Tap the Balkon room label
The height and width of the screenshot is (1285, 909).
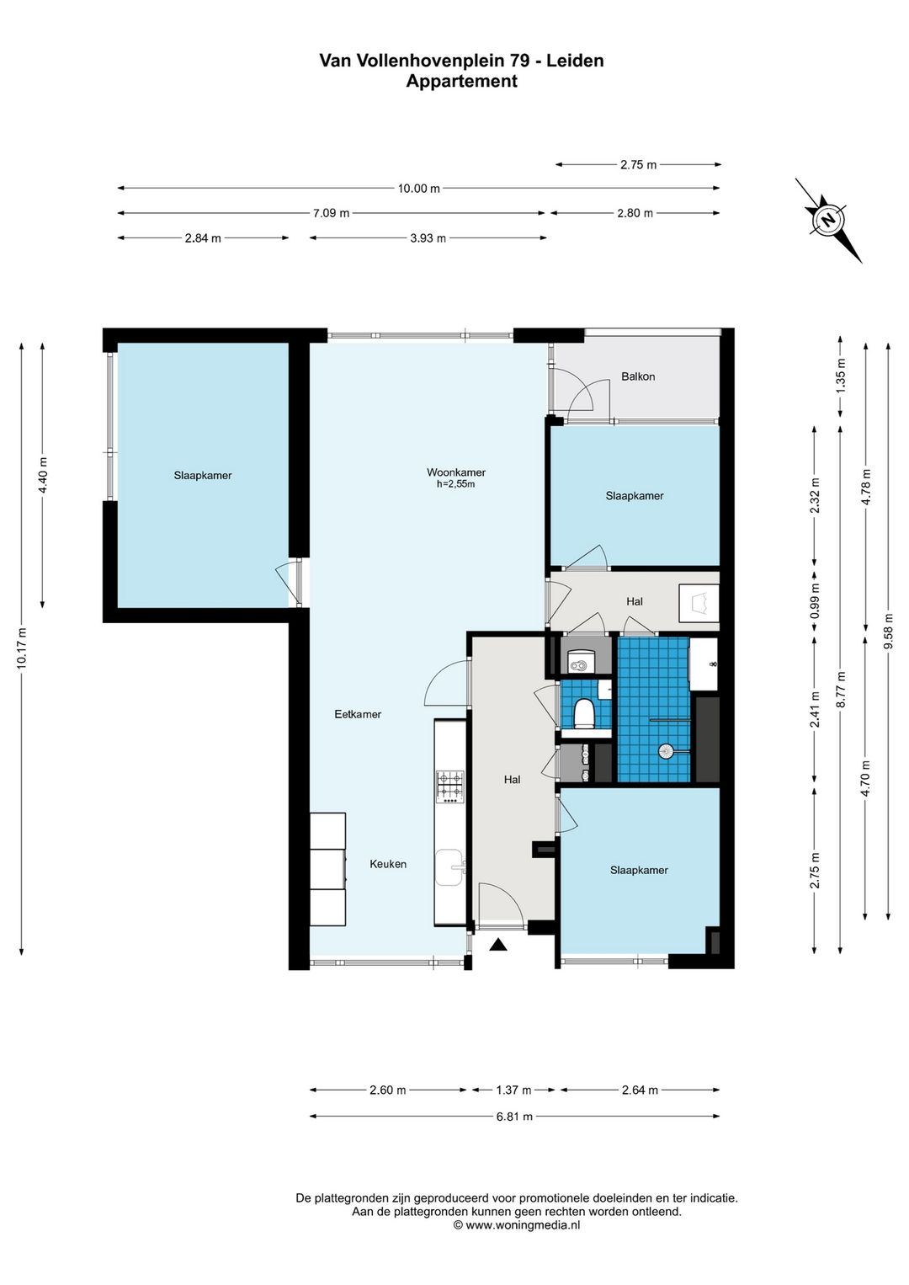638,377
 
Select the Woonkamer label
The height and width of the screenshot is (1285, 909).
456,472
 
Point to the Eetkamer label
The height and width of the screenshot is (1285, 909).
358,714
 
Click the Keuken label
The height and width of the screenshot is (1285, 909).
388,864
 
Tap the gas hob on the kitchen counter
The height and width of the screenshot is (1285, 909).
450,786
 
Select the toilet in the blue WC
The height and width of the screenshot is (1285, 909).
584,713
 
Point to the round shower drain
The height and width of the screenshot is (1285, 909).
666,750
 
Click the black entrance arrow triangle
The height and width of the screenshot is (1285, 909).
498,944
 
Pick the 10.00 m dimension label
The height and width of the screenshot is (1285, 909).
419,188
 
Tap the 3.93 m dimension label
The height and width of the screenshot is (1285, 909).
428,238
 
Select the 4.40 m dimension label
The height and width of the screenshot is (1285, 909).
42,475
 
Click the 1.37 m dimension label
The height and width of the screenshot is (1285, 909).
513,1090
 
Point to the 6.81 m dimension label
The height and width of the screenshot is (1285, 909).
514,1117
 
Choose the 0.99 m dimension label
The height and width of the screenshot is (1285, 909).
815,600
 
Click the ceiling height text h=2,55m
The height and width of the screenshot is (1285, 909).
456,484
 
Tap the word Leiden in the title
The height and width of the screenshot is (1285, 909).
575,61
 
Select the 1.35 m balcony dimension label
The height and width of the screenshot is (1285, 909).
841,376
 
